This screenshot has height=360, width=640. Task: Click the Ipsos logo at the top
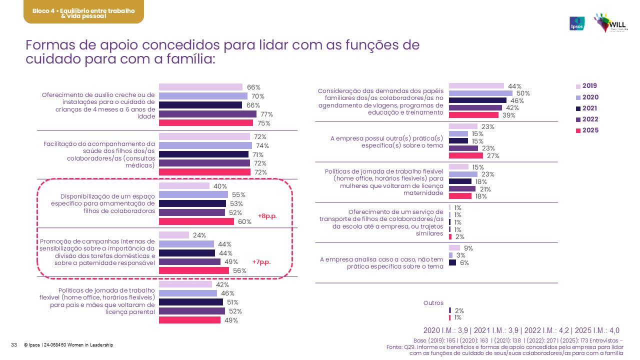coord(577,23)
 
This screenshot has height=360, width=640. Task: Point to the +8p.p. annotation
coord(267,216)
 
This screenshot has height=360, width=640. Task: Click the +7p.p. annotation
coord(261,262)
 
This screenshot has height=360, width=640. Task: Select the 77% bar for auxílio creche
coord(207,114)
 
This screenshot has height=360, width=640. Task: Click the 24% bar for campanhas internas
coord(174,235)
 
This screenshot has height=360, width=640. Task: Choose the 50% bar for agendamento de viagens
coord(480,93)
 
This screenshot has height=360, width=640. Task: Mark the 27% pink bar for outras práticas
coord(466,155)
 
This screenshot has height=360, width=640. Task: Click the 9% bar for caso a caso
coord(454,248)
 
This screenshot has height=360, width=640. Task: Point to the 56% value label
coord(240,271)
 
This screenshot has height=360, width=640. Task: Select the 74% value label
coord(262,146)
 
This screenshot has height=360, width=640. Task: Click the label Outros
coord(433,303)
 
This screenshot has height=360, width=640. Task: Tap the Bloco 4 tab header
coord(83,12)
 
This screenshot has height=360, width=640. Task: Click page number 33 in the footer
coord(14,345)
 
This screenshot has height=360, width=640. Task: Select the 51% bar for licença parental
coord(191,302)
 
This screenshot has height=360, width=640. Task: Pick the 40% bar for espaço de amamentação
coord(184,186)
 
